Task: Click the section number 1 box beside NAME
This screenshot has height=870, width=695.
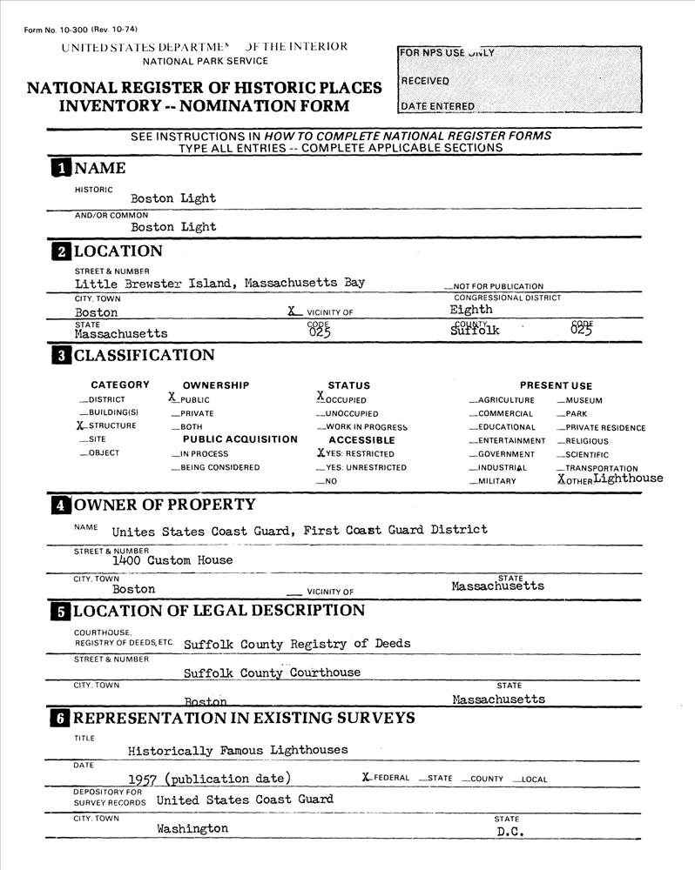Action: pos(61,168)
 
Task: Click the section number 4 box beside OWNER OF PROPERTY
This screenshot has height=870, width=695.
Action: pos(61,505)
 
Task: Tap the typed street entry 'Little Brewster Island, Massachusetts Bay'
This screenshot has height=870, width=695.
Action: pos(219,283)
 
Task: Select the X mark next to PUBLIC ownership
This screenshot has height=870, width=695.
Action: pos(173,397)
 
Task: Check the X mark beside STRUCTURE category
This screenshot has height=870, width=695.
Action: pos(81,425)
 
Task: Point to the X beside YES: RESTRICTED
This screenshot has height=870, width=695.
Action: pos(321,452)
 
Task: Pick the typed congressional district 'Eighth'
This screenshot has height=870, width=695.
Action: pos(471,309)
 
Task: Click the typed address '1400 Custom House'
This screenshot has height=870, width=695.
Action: pos(172,561)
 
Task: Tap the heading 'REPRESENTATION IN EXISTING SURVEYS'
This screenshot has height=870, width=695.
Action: pos(244,719)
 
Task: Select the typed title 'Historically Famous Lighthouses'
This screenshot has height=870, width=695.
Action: pos(238,750)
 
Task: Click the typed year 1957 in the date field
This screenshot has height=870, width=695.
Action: pos(143,779)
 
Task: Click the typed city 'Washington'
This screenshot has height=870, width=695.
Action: pos(192,829)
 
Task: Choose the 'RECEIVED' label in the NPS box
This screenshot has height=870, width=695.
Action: pos(425,81)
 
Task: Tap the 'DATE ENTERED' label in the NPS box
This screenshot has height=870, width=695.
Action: pos(437,106)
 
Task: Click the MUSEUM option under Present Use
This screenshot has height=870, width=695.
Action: pos(583,401)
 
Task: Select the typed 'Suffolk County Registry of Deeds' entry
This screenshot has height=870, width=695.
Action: pos(297,644)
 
